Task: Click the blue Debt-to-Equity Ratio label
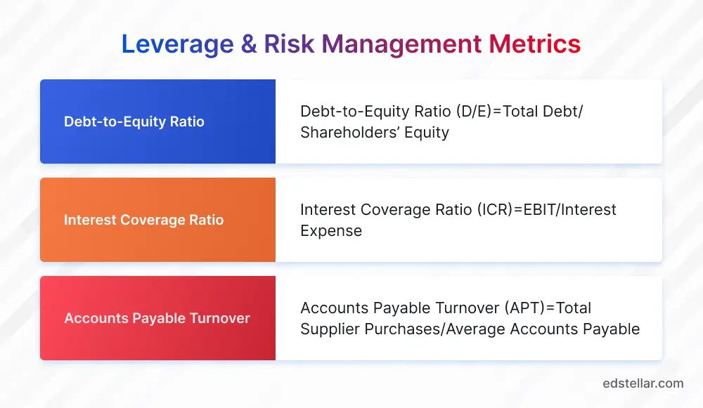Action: pyautogui.click(x=134, y=121)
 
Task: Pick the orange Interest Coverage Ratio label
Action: pyautogui.click(x=143, y=220)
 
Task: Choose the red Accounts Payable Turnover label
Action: pyautogui.click(x=157, y=318)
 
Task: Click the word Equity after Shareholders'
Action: pyautogui.click(x=424, y=132)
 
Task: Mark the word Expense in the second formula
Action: pyautogui.click(x=330, y=230)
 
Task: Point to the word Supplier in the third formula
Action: pyautogui.click(x=330, y=329)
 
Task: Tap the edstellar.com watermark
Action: pyautogui.click(x=643, y=383)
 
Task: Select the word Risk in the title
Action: pyautogui.click(x=291, y=44)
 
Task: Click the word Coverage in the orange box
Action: pyautogui.click(x=150, y=220)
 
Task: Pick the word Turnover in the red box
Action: pyautogui.click(x=219, y=318)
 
